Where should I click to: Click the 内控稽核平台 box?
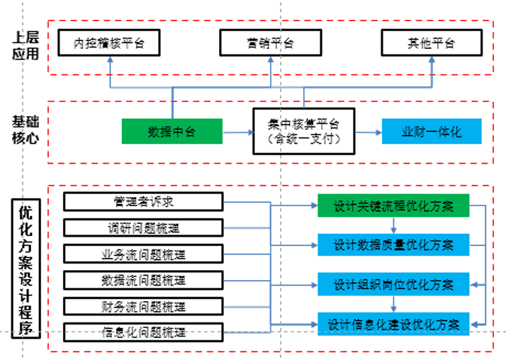pyautogui.click(x=108, y=43)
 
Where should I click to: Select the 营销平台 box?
pyautogui.click(x=270, y=43)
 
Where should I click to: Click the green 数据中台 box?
pyautogui.click(x=172, y=132)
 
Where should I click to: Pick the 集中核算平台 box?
pyautogui.click(x=304, y=131)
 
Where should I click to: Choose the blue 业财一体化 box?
pyautogui.click(x=432, y=132)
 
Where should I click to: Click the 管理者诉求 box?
pyautogui.click(x=143, y=202)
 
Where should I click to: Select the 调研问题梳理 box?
pyautogui.click(x=143, y=228)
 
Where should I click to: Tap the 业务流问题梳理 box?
pyautogui.click(x=143, y=254)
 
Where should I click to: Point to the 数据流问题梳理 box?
pyautogui.click(x=143, y=280)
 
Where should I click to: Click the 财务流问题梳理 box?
pyautogui.click(x=143, y=306)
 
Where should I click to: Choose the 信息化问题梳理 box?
pyautogui.click(x=143, y=332)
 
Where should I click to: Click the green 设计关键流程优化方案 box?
pyautogui.click(x=393, y=206)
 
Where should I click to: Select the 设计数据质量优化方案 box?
pyautogui.click(x=393, y=244)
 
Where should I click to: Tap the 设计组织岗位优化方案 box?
pyautogui.click(x=393, y=285)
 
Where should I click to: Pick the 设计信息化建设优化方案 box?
pyautogui.click(x=393, y=325)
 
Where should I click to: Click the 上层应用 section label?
pyautogui.click(x=25, y=45)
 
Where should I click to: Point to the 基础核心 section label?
pyautogui.click(x=25, y=130)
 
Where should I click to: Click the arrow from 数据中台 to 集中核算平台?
pyautogui.click(x=238, y=132)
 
